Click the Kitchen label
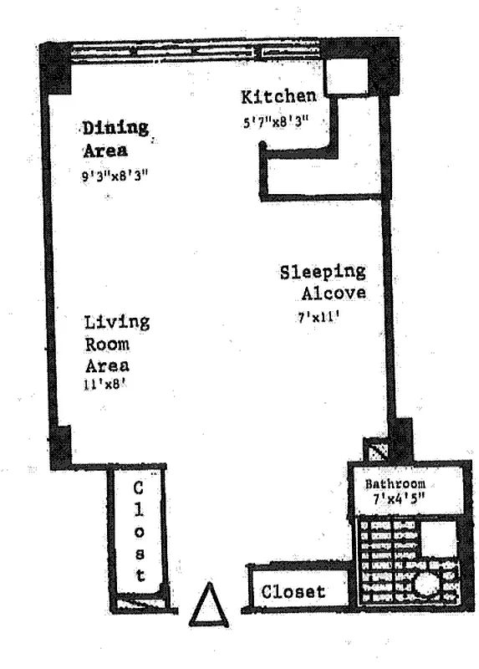tap(279, 97)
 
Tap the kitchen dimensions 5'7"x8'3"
tap(276, 122)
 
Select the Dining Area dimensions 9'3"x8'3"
tap(115, 176)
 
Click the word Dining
tap(115, 128)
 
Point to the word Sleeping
tap(323, 273)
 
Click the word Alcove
tap(334, 294)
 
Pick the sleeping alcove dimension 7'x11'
tap(318, 317)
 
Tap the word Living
tap(116, 322)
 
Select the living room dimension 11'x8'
tap(105, 385)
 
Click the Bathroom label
tap(395, 484)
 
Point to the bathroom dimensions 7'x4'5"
tap(399, 498)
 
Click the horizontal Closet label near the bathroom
tap(293, 591)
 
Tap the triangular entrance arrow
tap(209, 605)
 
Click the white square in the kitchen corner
tap(346, 76)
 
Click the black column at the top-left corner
tap(55, 68)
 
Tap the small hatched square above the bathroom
tap(375, 449)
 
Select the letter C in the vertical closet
tap(138, 488)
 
